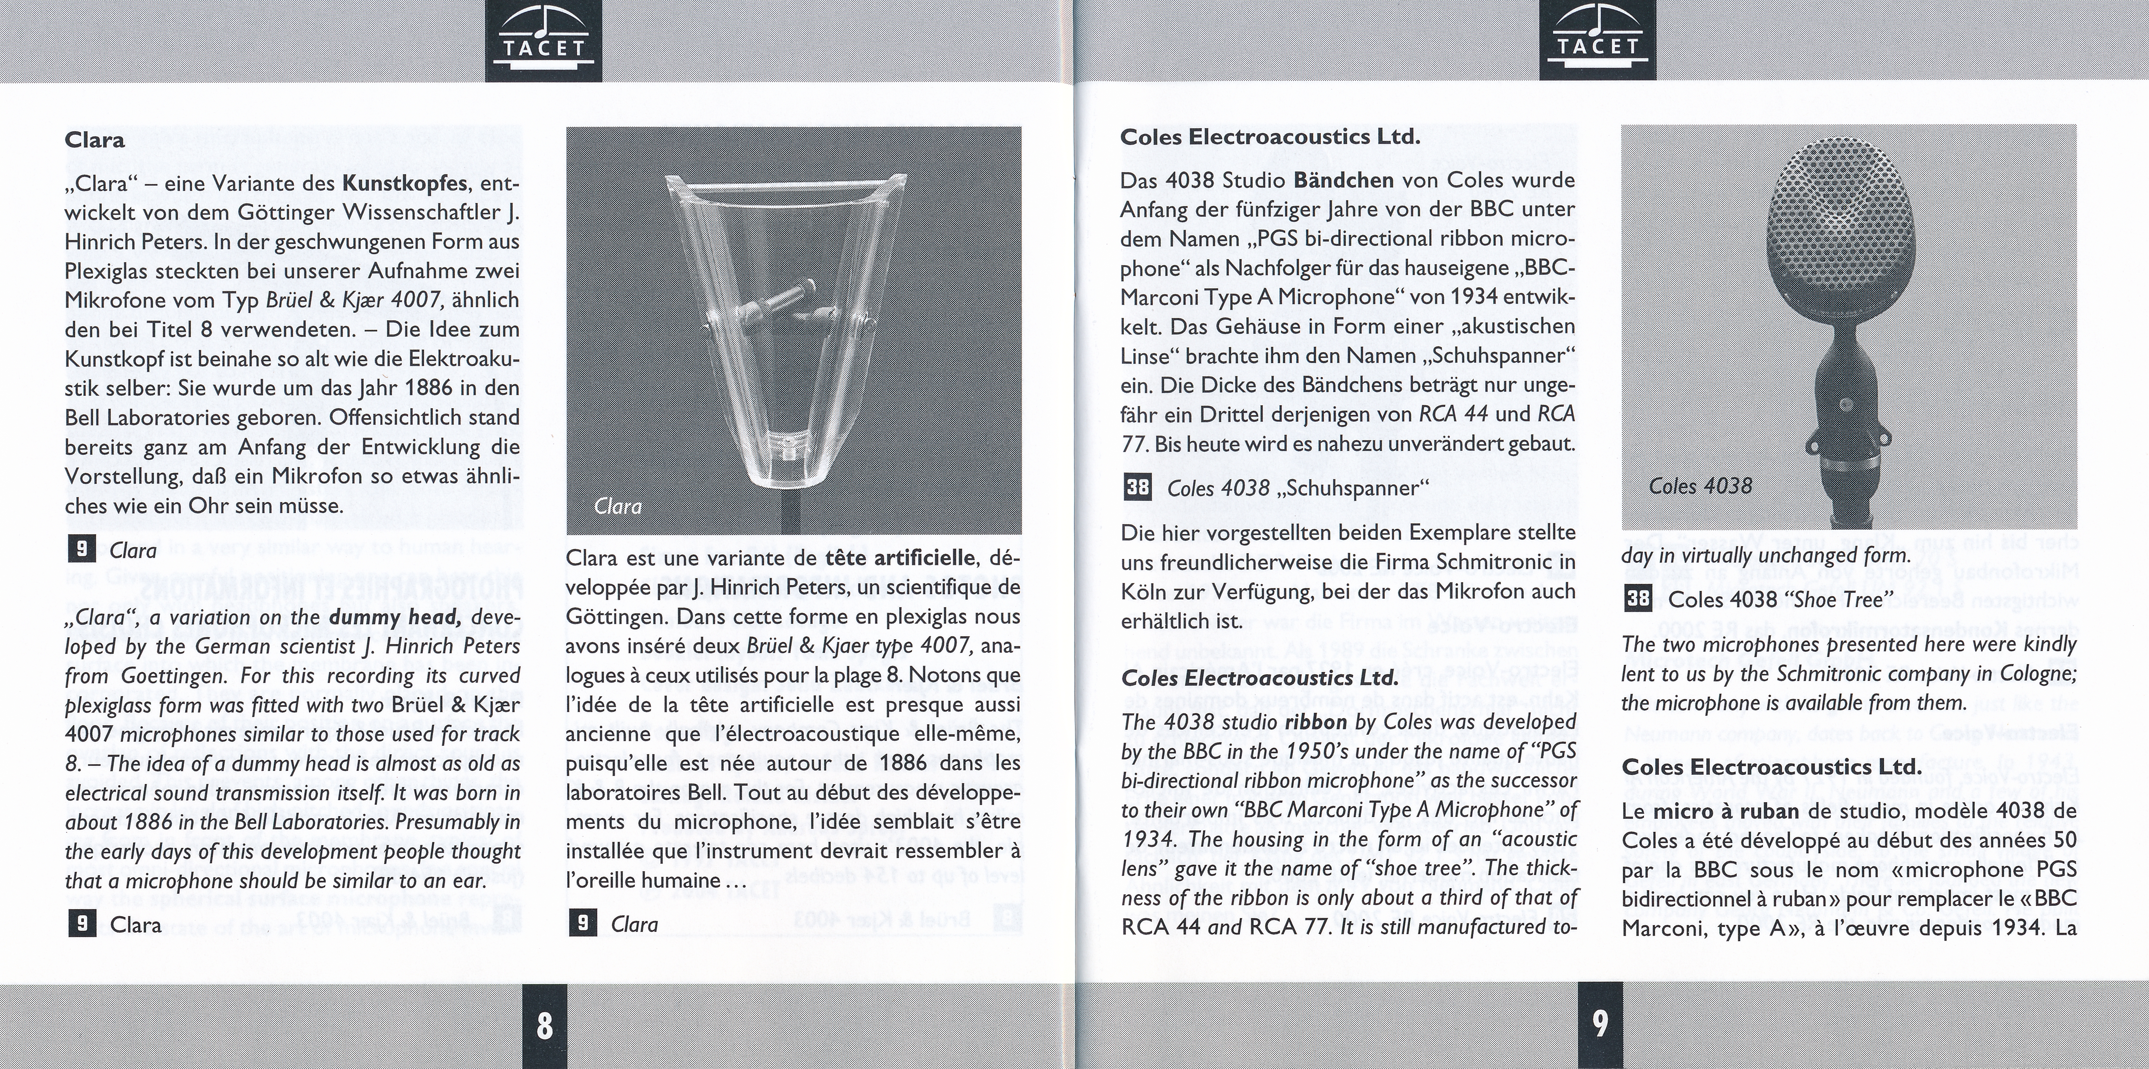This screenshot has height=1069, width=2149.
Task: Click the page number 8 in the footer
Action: [544, 1025]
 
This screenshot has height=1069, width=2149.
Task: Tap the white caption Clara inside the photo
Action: [618, 507]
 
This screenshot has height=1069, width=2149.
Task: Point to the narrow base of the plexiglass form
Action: [788, 467]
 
